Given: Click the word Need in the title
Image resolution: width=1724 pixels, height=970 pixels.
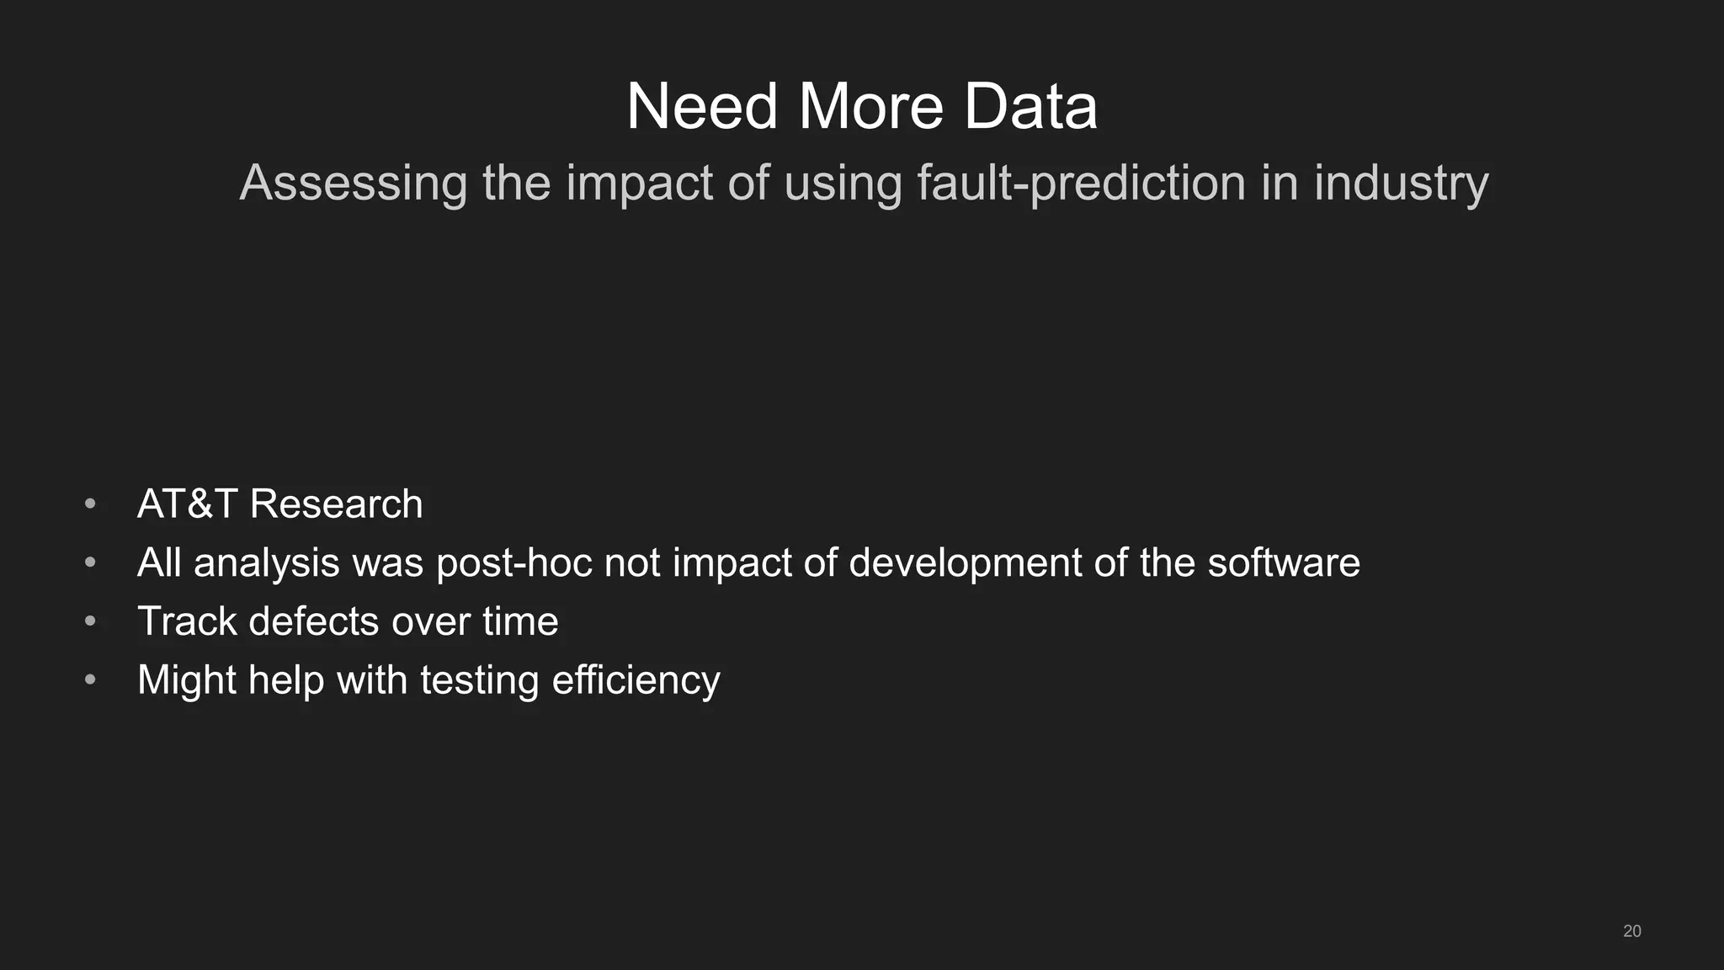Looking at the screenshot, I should click(701, 107).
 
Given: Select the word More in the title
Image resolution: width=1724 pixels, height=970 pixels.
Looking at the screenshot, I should click(870, 107).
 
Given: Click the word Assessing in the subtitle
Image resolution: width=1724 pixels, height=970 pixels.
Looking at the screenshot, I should click(354, 183).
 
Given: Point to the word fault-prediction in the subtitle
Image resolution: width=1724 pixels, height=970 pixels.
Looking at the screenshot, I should click(1081, 183).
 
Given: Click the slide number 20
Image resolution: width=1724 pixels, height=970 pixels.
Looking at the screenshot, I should click(1631, 931).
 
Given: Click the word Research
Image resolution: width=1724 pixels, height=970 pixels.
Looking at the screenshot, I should click(336, 504).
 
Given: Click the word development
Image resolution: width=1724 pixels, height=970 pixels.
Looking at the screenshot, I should click(965, 562).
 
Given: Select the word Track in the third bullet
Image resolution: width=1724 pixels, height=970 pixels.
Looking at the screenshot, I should click(187, 621).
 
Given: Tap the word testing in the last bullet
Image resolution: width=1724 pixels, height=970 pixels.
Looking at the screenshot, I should click(479, 680).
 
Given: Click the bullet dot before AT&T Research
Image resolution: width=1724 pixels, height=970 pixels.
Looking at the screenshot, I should click(91, 504).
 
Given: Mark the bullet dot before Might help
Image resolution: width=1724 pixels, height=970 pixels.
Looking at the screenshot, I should click(91, 680).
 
